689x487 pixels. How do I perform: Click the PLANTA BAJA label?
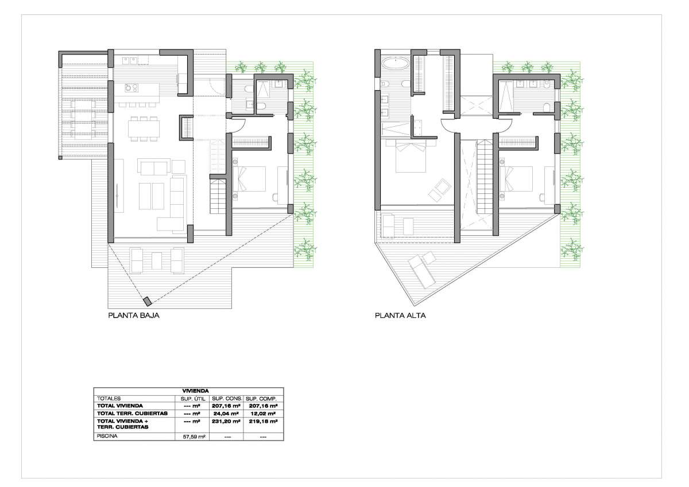(x=134, y=315)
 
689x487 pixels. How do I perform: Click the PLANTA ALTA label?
(x=400, y=315)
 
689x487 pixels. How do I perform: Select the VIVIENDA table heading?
(x=195, y=391)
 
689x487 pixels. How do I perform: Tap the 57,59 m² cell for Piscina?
(x=194, y=437)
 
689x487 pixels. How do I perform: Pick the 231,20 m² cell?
(x=226, y=421)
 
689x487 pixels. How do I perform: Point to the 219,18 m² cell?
(x=263, y=421)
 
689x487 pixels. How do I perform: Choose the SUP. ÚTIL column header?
(x=193, y=399)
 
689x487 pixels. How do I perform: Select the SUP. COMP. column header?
(x=261, y=399)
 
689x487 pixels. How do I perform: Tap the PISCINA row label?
(x=107, y=436)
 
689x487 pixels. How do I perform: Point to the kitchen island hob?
(x=131, y=88)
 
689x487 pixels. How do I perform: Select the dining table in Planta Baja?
(x=144, y=128)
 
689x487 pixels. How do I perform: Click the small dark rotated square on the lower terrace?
(x=148, y=301)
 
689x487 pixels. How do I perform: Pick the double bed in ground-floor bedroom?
(x=249, y=179)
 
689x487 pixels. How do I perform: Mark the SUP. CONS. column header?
(x=227, y=399)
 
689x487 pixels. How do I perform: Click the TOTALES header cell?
(x=109, y=398)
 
